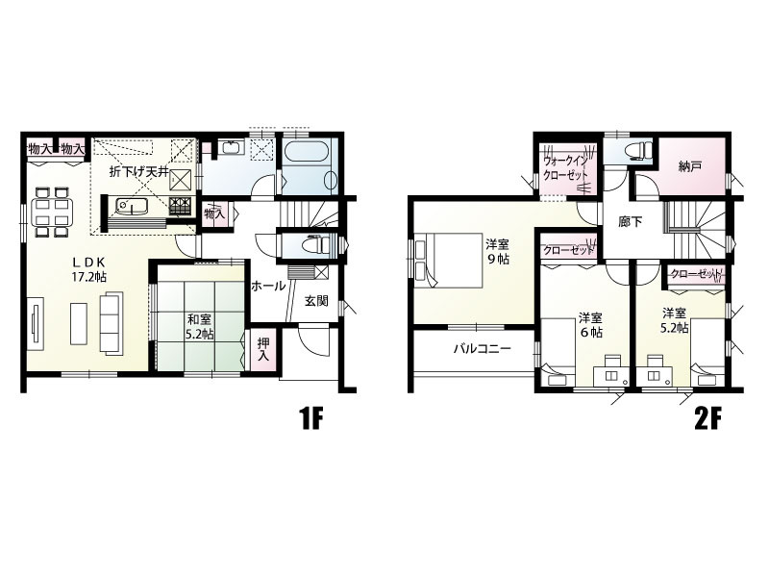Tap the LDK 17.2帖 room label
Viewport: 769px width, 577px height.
click(x=89, y=269)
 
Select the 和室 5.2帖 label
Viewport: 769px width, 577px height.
click(x=200, y=327)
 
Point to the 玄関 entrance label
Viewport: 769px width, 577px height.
click(x=316, y=301)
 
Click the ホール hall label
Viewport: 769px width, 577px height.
click(x=268, y=286)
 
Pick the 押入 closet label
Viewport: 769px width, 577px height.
click(x=263, y=349)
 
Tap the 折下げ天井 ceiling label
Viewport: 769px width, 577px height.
click(x=138, y=172)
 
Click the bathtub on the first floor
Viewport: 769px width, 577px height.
click(x=310, y=165)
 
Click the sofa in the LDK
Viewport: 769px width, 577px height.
click(x=112, y=322)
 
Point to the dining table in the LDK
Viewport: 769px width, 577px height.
click(x=53, y=212)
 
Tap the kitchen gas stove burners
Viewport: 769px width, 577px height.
click(x=182, y=204)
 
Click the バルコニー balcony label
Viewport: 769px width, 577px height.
click(x=483, y=349)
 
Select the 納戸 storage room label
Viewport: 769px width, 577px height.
click(x=689, y=166)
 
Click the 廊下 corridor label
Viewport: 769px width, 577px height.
click(x=631, y=222)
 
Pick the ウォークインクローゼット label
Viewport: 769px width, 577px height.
click(x=566, y=167)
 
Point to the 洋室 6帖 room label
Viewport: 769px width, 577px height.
click(x=591, y=325)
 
